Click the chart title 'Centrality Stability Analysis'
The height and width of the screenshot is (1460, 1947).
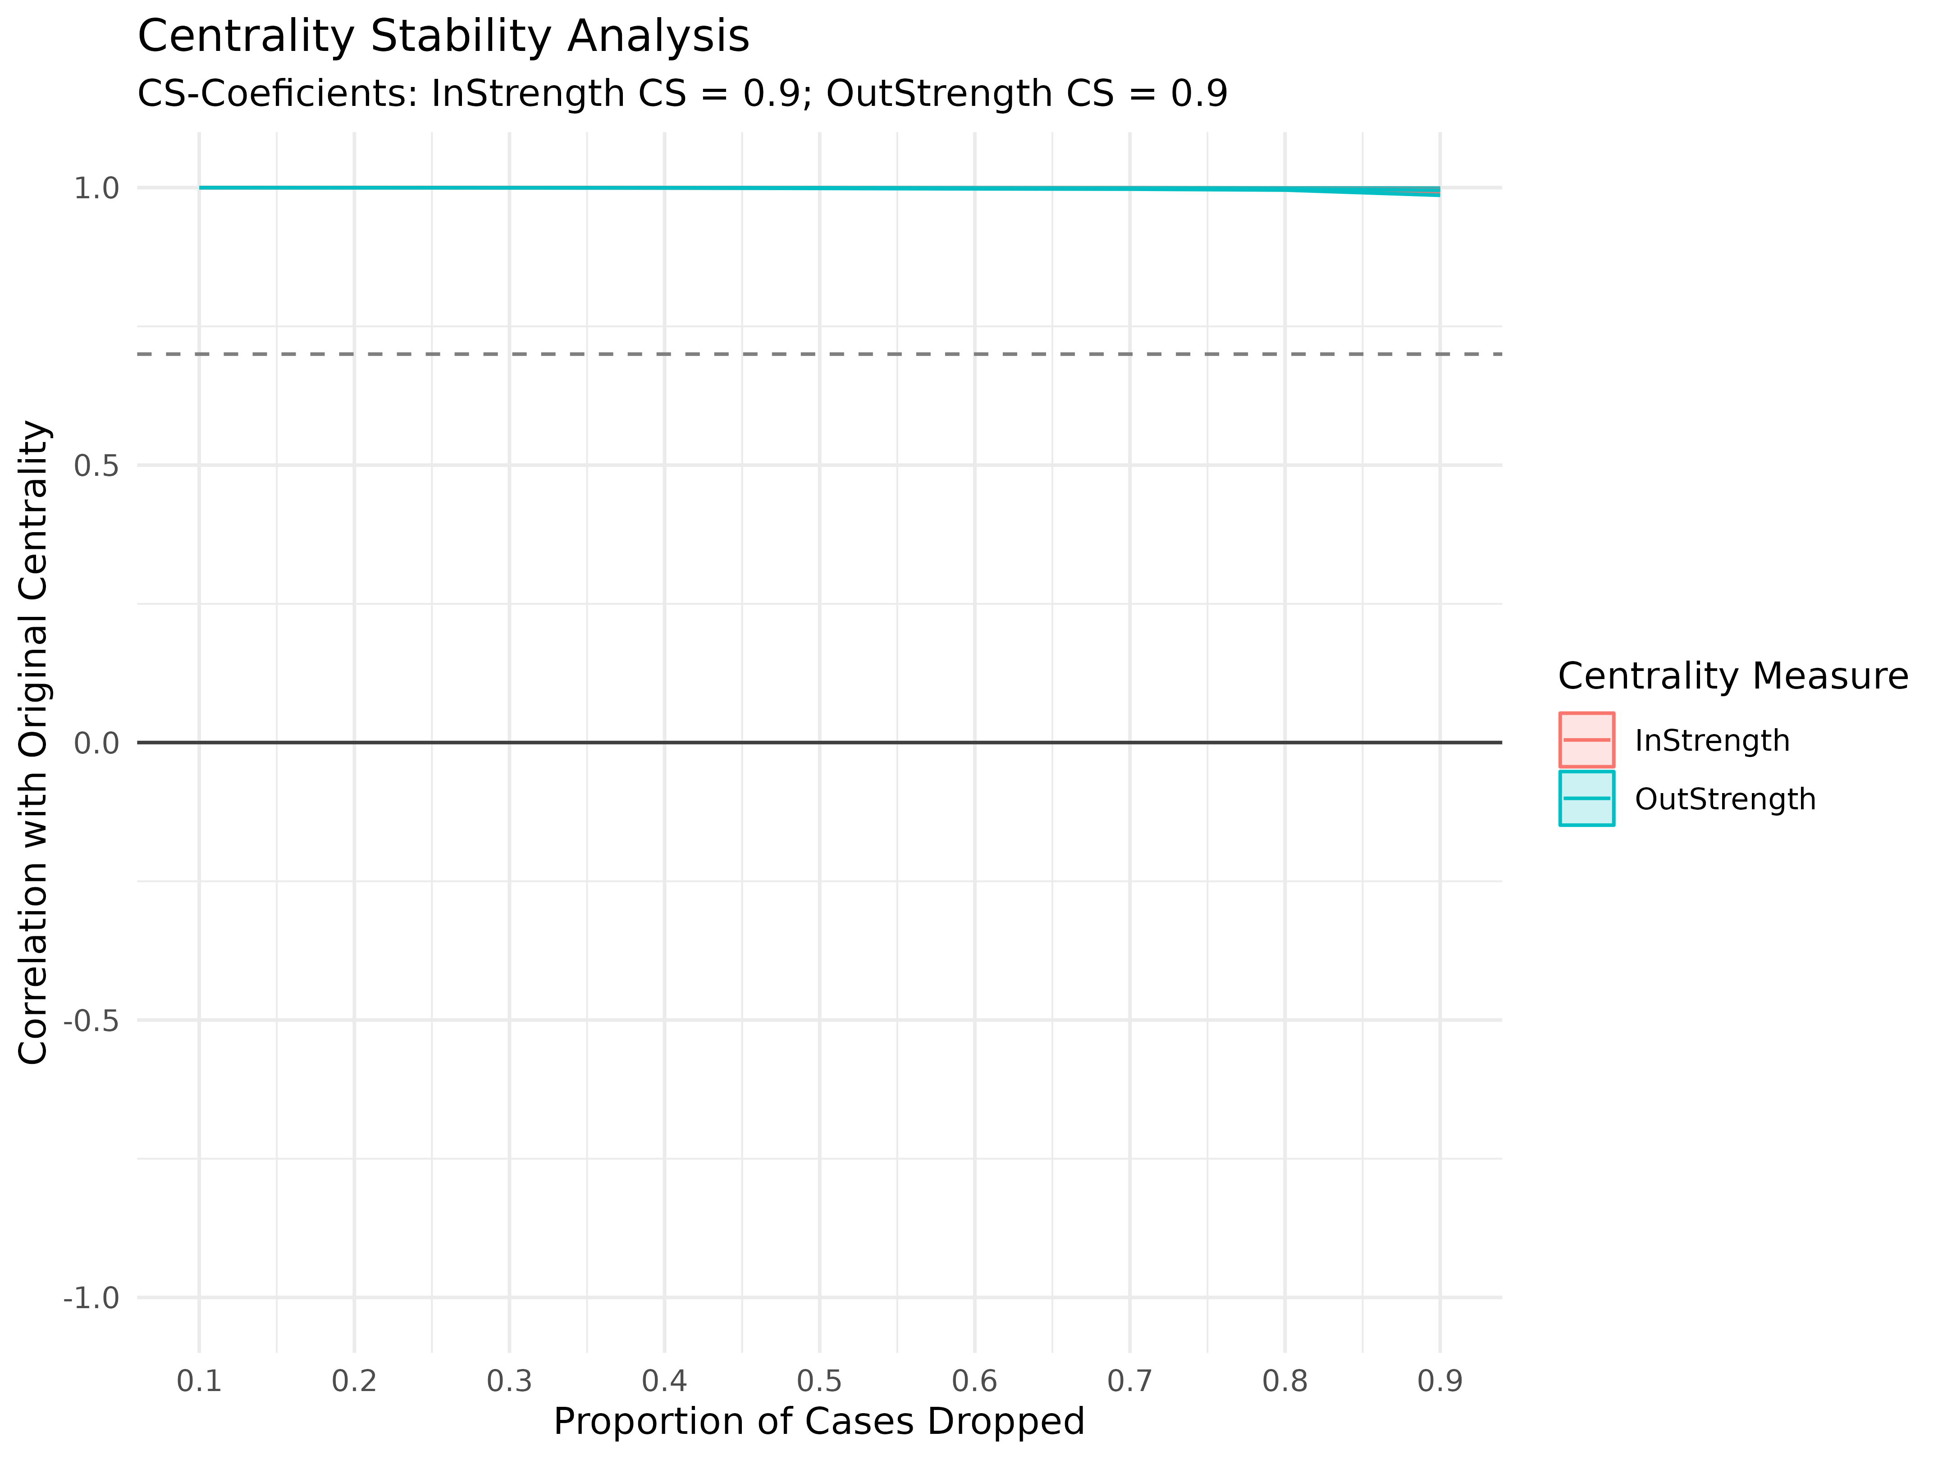[x=443, y=37]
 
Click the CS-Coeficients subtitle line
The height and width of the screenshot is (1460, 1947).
[x=682, y=93]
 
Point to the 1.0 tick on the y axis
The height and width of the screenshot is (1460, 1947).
[x=96, y=188]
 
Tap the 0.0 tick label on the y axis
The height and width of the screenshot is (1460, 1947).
[x=96, y=744]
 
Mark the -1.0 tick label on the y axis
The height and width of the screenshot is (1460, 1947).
[x=91, y=1298]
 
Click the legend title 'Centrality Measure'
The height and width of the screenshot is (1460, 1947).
[x=1732, y=676]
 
